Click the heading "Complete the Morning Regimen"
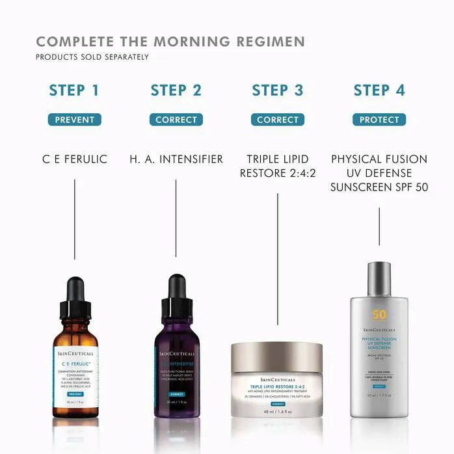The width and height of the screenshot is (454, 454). point(170,42)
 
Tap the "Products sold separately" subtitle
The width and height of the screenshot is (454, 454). point(92,57)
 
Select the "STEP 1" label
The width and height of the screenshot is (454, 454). point(75,90)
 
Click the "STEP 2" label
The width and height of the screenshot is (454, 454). point(176,90)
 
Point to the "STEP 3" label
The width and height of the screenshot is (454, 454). point(278,90)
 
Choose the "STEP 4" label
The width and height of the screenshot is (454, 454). point(379,90)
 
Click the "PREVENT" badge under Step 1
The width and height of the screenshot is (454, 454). point(75,120)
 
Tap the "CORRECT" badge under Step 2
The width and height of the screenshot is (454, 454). point(176,120)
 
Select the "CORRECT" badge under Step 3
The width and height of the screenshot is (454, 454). point(278,120)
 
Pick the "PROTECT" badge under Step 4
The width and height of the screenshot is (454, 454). point(379,120)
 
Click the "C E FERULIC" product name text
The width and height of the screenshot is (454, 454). point(75,159)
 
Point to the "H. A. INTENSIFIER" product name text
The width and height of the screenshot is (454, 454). point(176,159)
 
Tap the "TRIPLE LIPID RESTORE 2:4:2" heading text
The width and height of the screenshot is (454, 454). point(278,166)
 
